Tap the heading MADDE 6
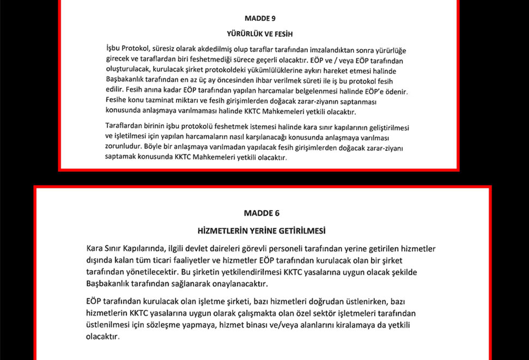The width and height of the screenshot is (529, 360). click(x=262, y=213)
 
